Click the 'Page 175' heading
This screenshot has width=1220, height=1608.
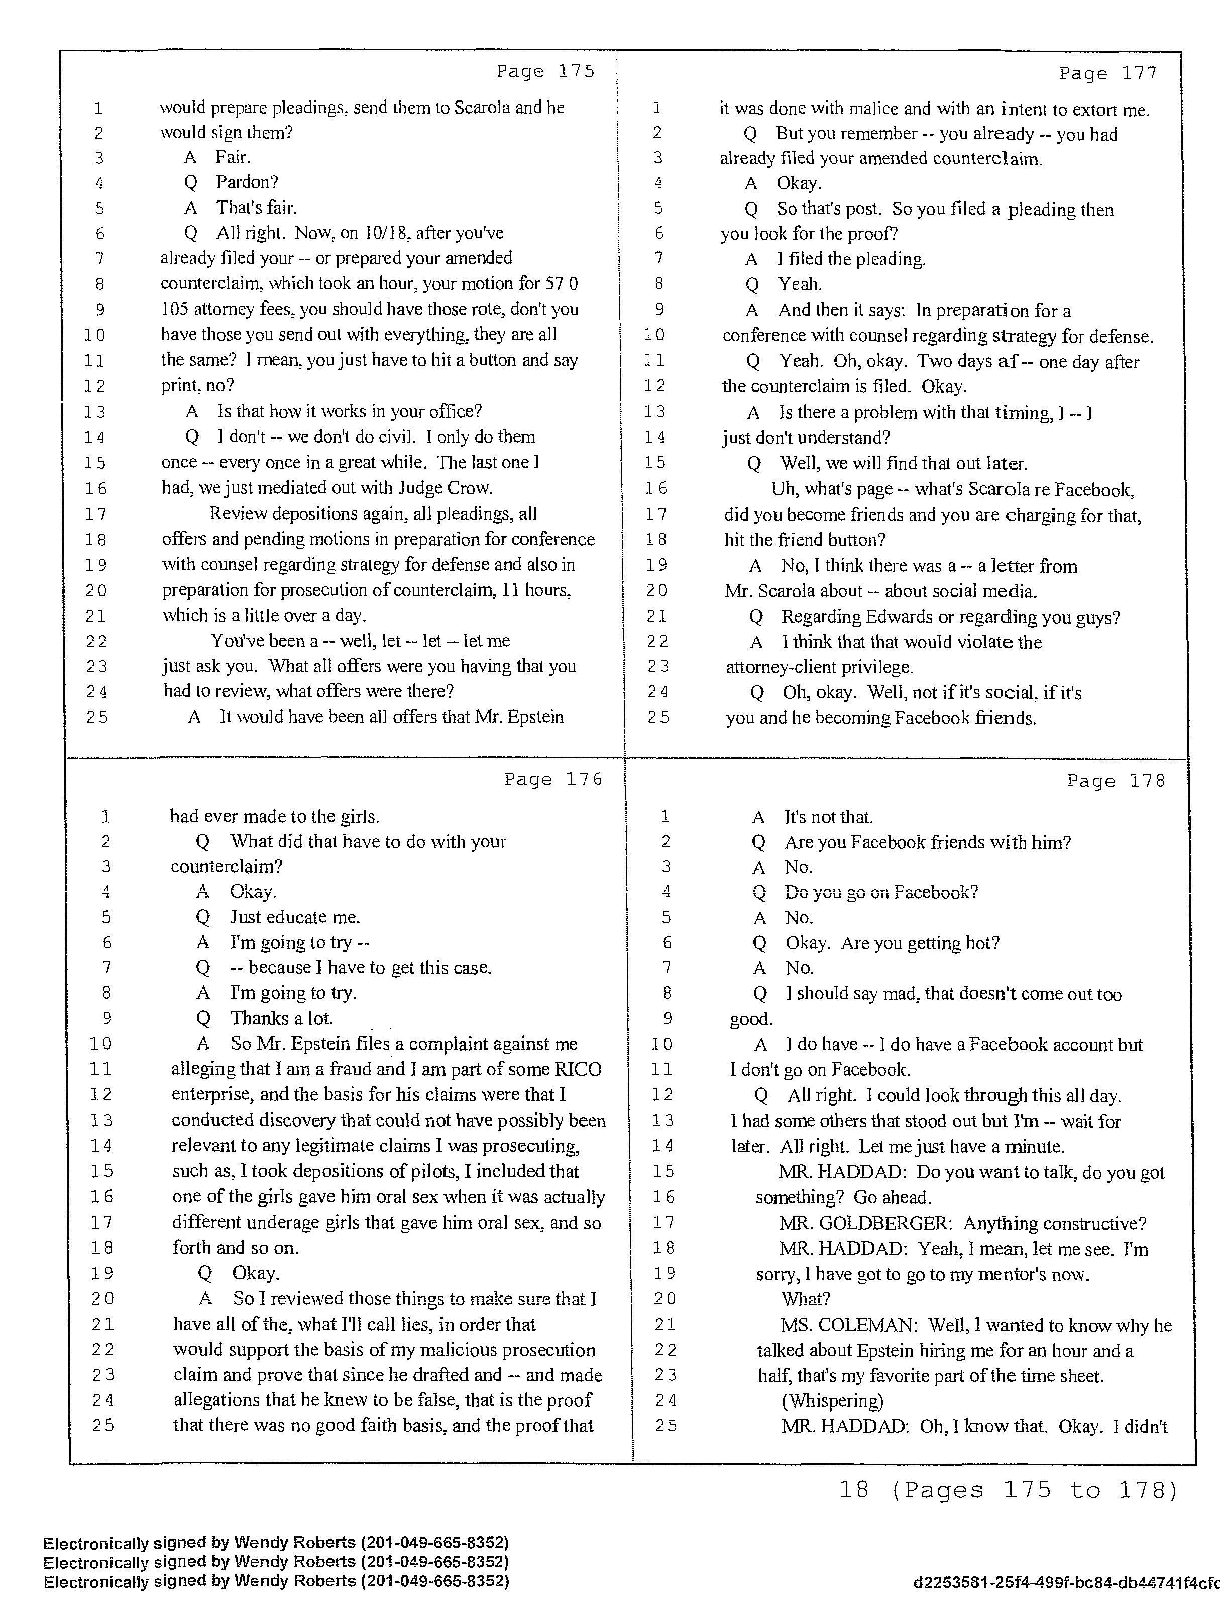545,71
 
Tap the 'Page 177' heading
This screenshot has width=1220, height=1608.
1107,73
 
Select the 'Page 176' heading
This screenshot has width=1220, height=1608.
553,779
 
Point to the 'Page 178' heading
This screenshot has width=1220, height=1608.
1116,781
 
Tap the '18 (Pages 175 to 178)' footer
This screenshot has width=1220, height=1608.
1008,1491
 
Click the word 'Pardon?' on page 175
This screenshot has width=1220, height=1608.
247,182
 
